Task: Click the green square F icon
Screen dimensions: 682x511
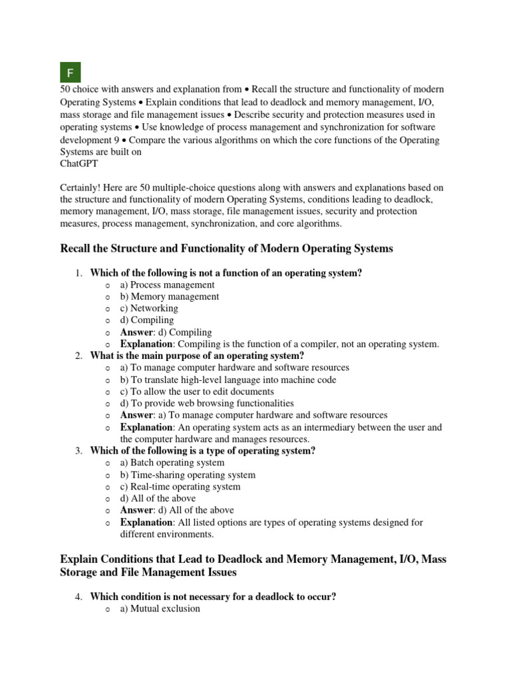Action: (71, 72)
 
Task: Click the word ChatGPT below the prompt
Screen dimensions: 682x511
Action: (79, 163)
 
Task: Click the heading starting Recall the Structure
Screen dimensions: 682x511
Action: (226, 248)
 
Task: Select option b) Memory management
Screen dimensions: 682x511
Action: (169, 296)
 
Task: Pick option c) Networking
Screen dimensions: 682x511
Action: (149, 308)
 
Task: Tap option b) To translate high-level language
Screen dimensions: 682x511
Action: (228, 380)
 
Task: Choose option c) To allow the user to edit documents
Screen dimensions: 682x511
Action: (197, 392)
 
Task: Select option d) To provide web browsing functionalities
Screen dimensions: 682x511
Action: (207, 403)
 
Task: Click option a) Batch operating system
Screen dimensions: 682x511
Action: (172, 462)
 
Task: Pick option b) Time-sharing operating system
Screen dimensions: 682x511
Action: (188, 475)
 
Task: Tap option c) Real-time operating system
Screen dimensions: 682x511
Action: (180, 486)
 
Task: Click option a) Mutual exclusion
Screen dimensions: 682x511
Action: (160, 608)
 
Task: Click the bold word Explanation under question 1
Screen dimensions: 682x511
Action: (146, 344)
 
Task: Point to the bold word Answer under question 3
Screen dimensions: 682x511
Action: (136, 510)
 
